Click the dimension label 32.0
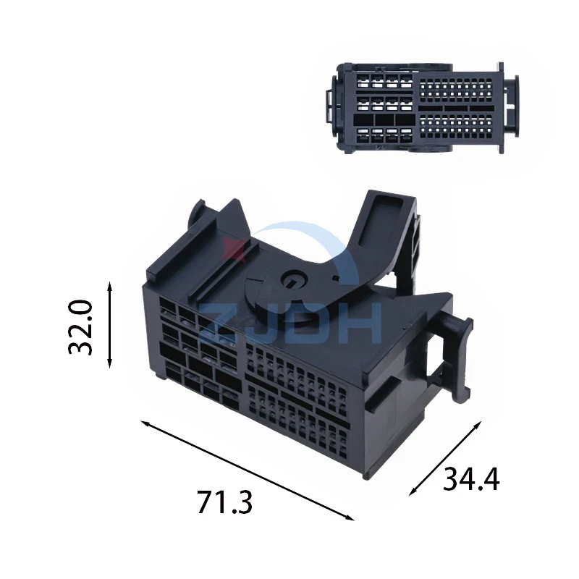point(80,328)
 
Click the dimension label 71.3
point(224,502)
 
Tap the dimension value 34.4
point(471,479)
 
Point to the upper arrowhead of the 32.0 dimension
point(109,286)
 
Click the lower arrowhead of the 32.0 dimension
point(109,363)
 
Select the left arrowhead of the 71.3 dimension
point(145,423)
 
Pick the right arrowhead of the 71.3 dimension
point(350,517)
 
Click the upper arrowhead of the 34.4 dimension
point(478,425)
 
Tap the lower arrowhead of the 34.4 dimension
point(413,491)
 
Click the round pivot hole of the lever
point(292,282)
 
